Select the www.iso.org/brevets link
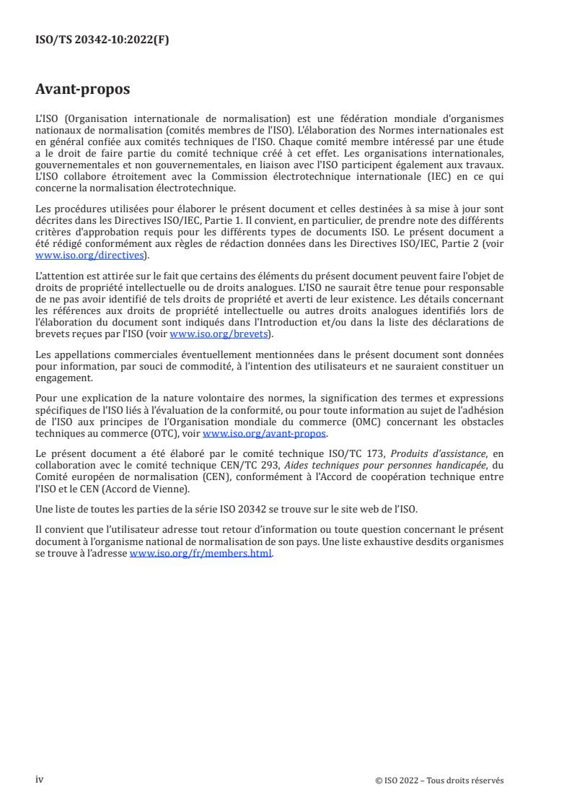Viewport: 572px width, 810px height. (218, 335)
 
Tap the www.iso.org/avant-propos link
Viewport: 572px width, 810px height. (265, 434)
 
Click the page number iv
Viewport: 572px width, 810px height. (40, 780)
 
